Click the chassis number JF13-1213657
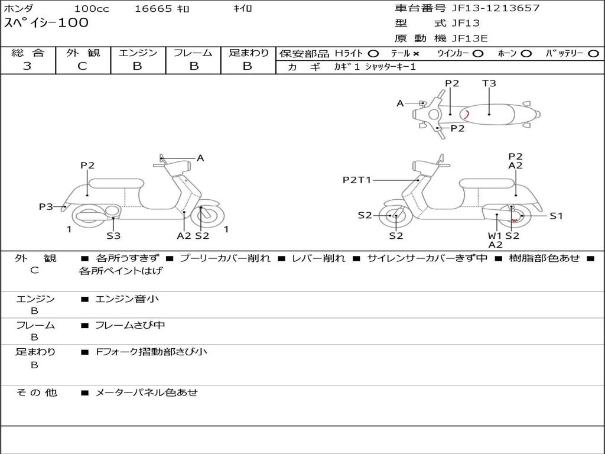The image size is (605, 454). [x=496, y=8]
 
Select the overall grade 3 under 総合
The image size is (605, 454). [x=27, y=66]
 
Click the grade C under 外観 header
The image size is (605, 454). [x=82, y=66]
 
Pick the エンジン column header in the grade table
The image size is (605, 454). [x=138, y=53]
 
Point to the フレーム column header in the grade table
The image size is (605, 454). [x=193, y=53]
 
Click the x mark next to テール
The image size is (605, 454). [x=416, y=54]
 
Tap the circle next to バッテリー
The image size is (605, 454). [x=593, y=54]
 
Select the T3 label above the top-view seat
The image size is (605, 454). [x=489, y=83]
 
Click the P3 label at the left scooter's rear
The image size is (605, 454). [x=46, y=206]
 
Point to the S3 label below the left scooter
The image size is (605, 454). [x=113, y=235]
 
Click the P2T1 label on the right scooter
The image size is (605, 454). [x=356, y=180]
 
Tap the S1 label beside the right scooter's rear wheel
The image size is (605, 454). [x=556, y=216]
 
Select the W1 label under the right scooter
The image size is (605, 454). [x=495, y=235]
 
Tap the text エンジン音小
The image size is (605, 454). [x=127, y=299]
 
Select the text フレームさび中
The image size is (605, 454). [x=130, y=325]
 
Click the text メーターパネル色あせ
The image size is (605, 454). [x=147, y=393]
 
